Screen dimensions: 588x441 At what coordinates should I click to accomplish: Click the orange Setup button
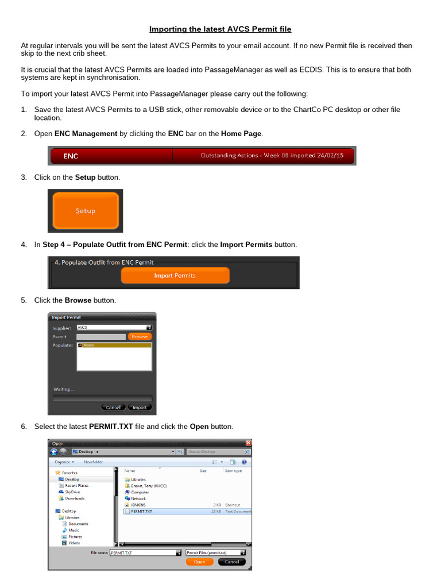tap(86, 211)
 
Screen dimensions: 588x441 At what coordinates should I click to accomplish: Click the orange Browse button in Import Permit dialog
tap(140, 336)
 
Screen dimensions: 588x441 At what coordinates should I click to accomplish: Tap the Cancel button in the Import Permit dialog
tap(113, 407)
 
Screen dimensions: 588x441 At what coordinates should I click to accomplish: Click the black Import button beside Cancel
tap(140, 407)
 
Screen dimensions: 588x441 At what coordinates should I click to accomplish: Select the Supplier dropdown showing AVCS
tap(114, 327)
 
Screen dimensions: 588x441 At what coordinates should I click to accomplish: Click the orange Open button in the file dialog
tap(199, 562)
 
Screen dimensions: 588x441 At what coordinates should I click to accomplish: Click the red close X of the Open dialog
tap(249, 443)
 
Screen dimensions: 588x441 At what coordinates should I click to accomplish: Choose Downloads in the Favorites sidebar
tap(75, 498)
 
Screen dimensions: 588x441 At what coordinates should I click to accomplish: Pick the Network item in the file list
tap(138, 498)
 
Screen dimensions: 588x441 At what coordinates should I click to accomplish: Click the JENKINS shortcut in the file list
tap(138, 505)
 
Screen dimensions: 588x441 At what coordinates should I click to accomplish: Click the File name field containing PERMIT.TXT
tap(144, 552)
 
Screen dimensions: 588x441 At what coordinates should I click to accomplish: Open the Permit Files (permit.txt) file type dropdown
tap(215, 552)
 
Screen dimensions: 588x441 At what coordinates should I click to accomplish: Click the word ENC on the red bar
tap(71, 156)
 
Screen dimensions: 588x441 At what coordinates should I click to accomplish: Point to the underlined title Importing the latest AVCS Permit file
tap(220, 29)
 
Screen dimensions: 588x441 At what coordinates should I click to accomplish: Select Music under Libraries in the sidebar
tap(74, 530)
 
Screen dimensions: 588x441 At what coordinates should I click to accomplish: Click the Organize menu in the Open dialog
tap(64, 462)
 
